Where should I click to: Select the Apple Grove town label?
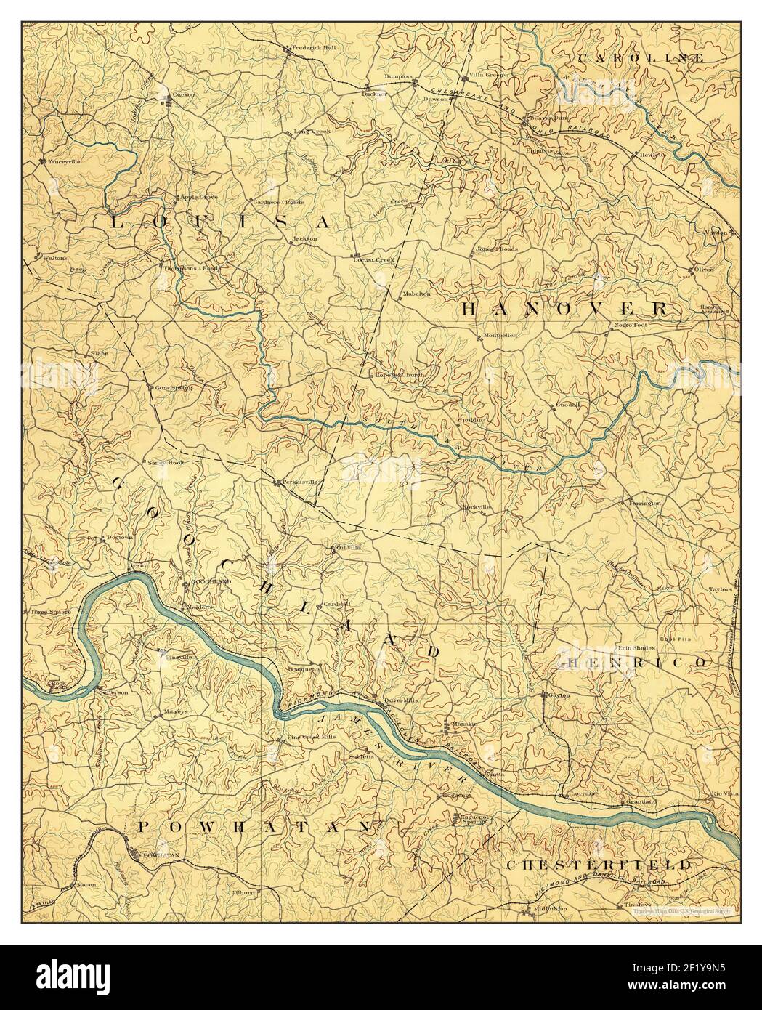199,197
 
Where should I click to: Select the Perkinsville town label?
299,482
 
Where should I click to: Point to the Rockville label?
477,506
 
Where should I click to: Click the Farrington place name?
645,502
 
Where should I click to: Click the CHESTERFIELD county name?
598,865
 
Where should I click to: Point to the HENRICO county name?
632,663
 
